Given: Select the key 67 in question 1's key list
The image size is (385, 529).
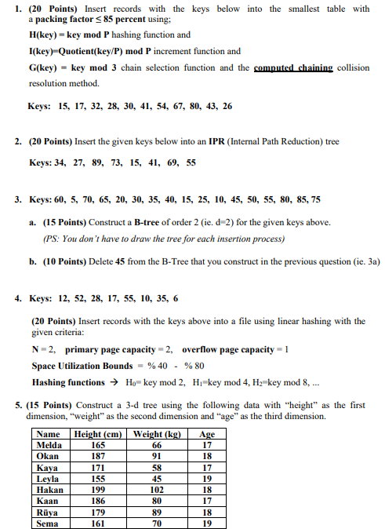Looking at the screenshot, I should (x=162, y=106).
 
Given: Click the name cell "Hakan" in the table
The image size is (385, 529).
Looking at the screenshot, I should (x=49, y=488).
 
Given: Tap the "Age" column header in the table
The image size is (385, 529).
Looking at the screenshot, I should (x=207, y=434).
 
